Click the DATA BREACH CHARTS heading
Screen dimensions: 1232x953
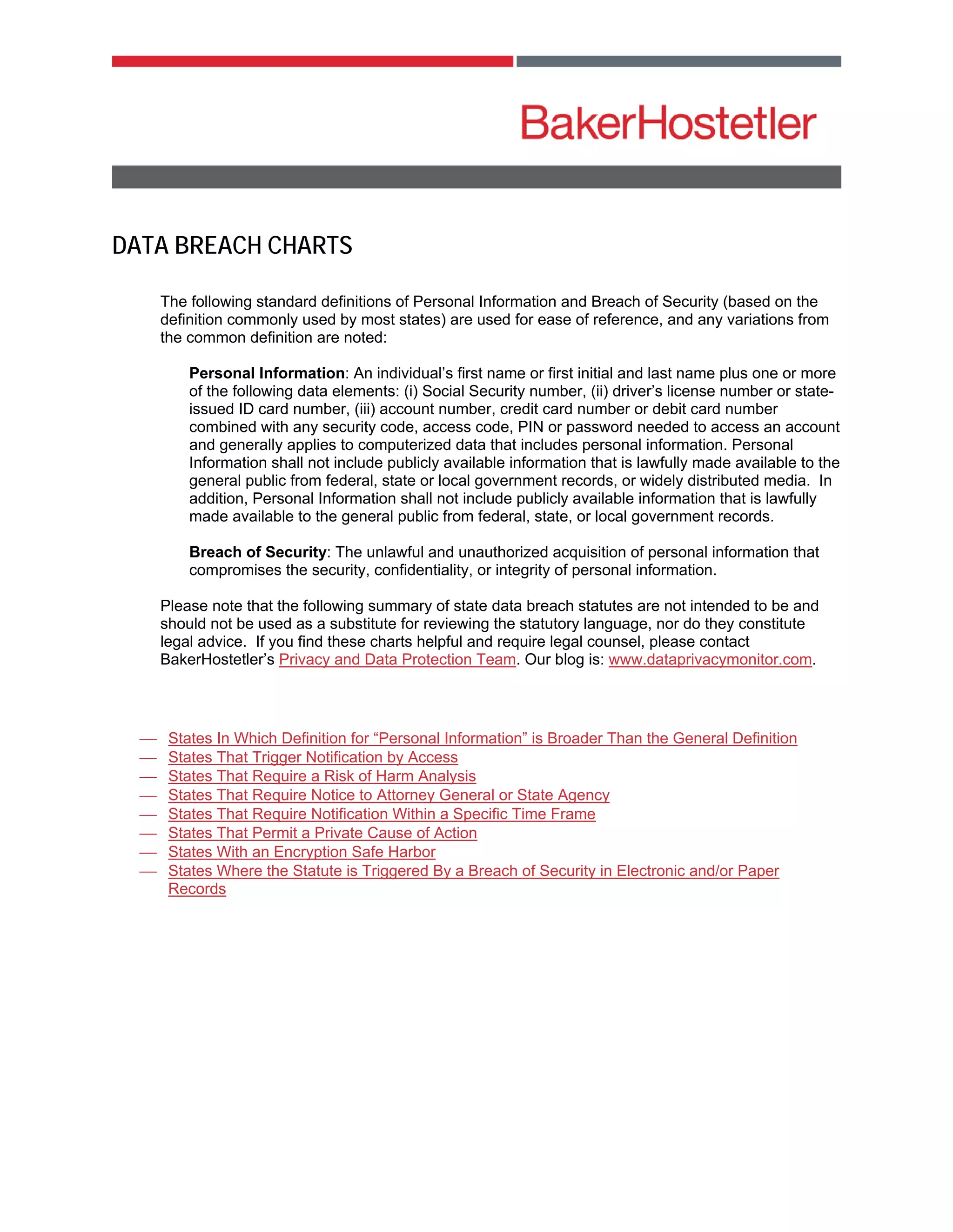click(x=232, y=245)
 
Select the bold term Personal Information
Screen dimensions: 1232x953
click(x=267, y=373)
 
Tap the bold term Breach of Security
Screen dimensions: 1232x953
click(x=257, y=552)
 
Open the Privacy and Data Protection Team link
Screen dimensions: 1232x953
click(x=397, y=659)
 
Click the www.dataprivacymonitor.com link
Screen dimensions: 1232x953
click(x=710, y=659)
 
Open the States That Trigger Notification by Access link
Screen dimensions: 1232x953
click(x=313, y=757)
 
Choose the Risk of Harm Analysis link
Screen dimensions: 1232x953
click(x=322, y=776)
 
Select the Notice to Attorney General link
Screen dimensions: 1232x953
click(x=389, y=795)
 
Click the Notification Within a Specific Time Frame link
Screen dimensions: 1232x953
click(x=382, y=814)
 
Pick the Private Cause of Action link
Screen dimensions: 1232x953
click(x=322, y=833)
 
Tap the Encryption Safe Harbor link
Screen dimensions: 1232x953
click(x=302, y=852)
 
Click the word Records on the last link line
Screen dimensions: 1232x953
click(x=197, y=889)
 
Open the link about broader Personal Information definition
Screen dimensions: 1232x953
click(x=482, y=738)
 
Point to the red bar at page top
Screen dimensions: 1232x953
click(x=312, y=61)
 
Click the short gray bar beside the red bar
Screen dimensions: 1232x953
click(x=678, y=61)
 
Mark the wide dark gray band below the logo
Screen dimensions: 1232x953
click(x=476, y=177)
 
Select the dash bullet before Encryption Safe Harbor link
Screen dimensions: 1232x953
click(x=148, y=852)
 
